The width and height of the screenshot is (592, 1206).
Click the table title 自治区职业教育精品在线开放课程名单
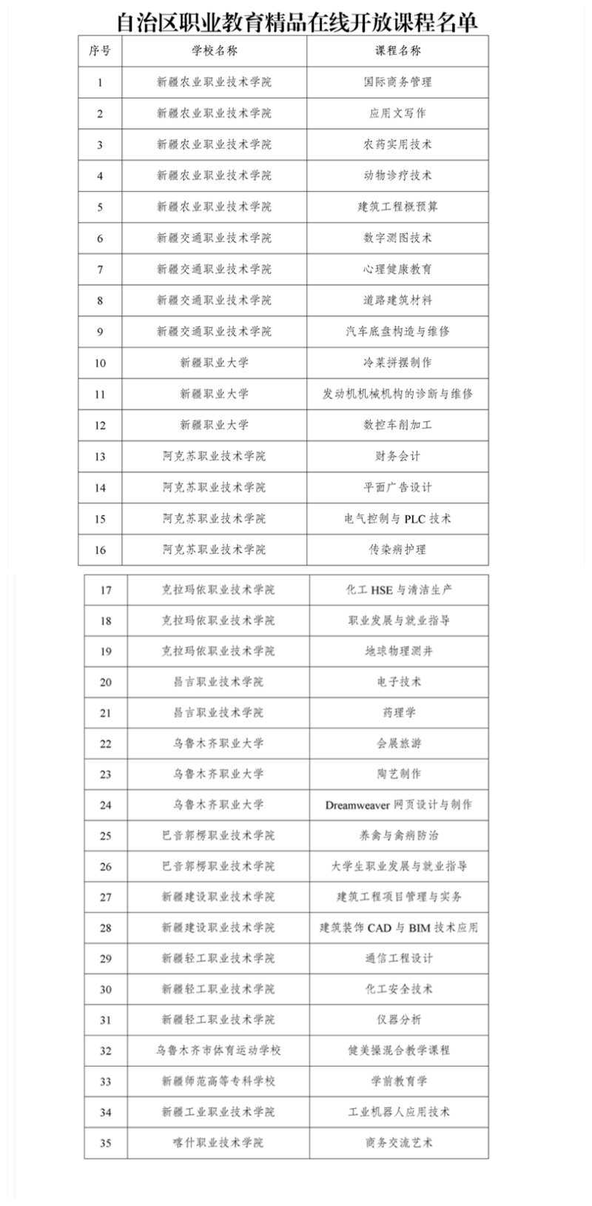click(x=297, y=21)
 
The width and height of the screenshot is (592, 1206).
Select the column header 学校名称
click(x=214, y=51)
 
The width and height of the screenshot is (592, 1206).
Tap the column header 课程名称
click(x=397, y=51)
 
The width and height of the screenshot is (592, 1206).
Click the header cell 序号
click(x=100, y=51)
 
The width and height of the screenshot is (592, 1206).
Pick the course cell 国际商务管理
click(x=397, y=82)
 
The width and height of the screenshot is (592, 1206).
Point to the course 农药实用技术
click(x=397, y=144)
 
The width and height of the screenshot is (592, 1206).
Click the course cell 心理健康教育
click(x=397, y=269)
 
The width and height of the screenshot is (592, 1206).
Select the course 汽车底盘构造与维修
click(x=397, y=332)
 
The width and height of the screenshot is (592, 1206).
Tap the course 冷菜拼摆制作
click(x=397, y=363)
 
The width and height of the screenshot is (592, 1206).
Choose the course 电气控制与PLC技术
click(x=397, y=519)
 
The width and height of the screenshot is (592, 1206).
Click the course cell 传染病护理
click(x=397, y=550)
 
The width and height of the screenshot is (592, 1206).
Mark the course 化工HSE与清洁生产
click(x=399, y=590)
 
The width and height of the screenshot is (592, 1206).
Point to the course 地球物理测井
click(x=399, y=651)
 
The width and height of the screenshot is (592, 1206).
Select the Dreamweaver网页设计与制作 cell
click(x=399, y=805)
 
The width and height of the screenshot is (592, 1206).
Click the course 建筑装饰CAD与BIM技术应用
click(x=399, y=928)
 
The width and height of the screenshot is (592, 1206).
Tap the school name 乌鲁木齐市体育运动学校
click(x=218, y=1051)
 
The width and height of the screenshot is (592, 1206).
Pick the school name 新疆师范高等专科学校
click(x=218, y=1081)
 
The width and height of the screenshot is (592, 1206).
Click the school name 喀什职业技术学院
click(x=218, y=1142)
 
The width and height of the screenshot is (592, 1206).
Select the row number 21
click(x=105, y=713)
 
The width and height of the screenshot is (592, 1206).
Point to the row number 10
click(x=100, y=363)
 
